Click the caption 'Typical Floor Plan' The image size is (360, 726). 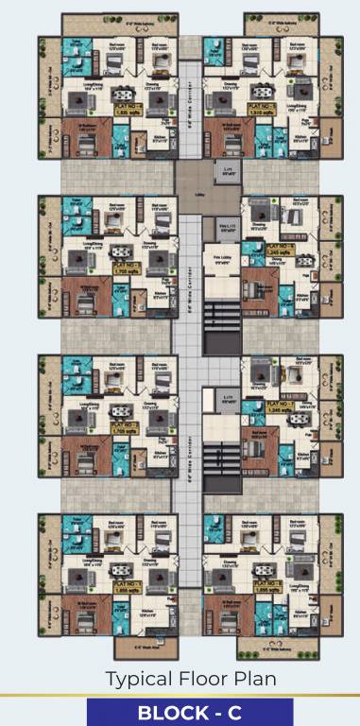point(180,679)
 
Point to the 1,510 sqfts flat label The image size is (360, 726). point(261,109)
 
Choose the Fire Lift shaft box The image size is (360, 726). point(225,228)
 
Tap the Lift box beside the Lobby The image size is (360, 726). point(226,173)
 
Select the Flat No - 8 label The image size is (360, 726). point(261,105)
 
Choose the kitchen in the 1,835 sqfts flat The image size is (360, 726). point(142,142)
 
